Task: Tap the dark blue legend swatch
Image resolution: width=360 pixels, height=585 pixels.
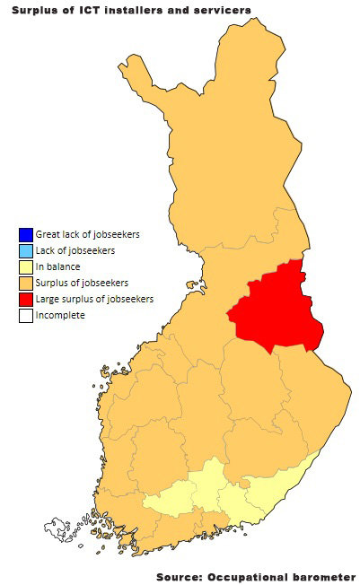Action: tap(24, 235)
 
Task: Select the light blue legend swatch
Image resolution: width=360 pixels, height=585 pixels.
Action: tap(24, 251)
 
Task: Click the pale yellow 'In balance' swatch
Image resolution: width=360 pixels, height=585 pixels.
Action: tap(24, 267)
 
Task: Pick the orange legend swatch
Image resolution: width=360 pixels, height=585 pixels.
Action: tap(24, 284)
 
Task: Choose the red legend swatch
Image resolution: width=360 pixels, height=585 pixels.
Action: tap(24, 300)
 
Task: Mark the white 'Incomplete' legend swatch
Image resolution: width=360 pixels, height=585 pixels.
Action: tap(24, 316)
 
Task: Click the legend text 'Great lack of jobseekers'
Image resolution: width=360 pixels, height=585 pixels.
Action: tap(87, 235)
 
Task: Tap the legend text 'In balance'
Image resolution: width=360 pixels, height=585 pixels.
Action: tap(57, 267)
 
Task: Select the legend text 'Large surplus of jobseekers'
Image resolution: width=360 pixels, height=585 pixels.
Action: tap(94, 300)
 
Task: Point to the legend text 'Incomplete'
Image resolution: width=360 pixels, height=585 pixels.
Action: tap(60, 316)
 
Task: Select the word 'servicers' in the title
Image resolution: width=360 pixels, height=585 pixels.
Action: tap(220, 9)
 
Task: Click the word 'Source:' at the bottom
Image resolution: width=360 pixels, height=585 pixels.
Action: tap(179, 576)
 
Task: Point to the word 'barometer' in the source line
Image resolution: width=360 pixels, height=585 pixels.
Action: tap(322, 576)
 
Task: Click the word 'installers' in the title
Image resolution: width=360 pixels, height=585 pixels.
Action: tap(136, 9)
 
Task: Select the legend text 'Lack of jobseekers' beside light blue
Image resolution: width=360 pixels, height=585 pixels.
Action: tap(75, 251)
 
